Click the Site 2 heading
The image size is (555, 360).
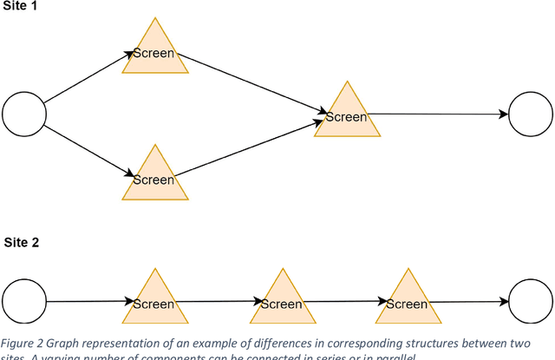[x=21, y=243]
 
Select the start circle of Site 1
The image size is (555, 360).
[x=23, y=114]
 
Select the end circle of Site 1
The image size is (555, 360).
[x=529, y=114]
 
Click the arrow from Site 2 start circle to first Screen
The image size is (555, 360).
[x=87, y=302]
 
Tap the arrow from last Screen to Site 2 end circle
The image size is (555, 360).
[x=468, y=302]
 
